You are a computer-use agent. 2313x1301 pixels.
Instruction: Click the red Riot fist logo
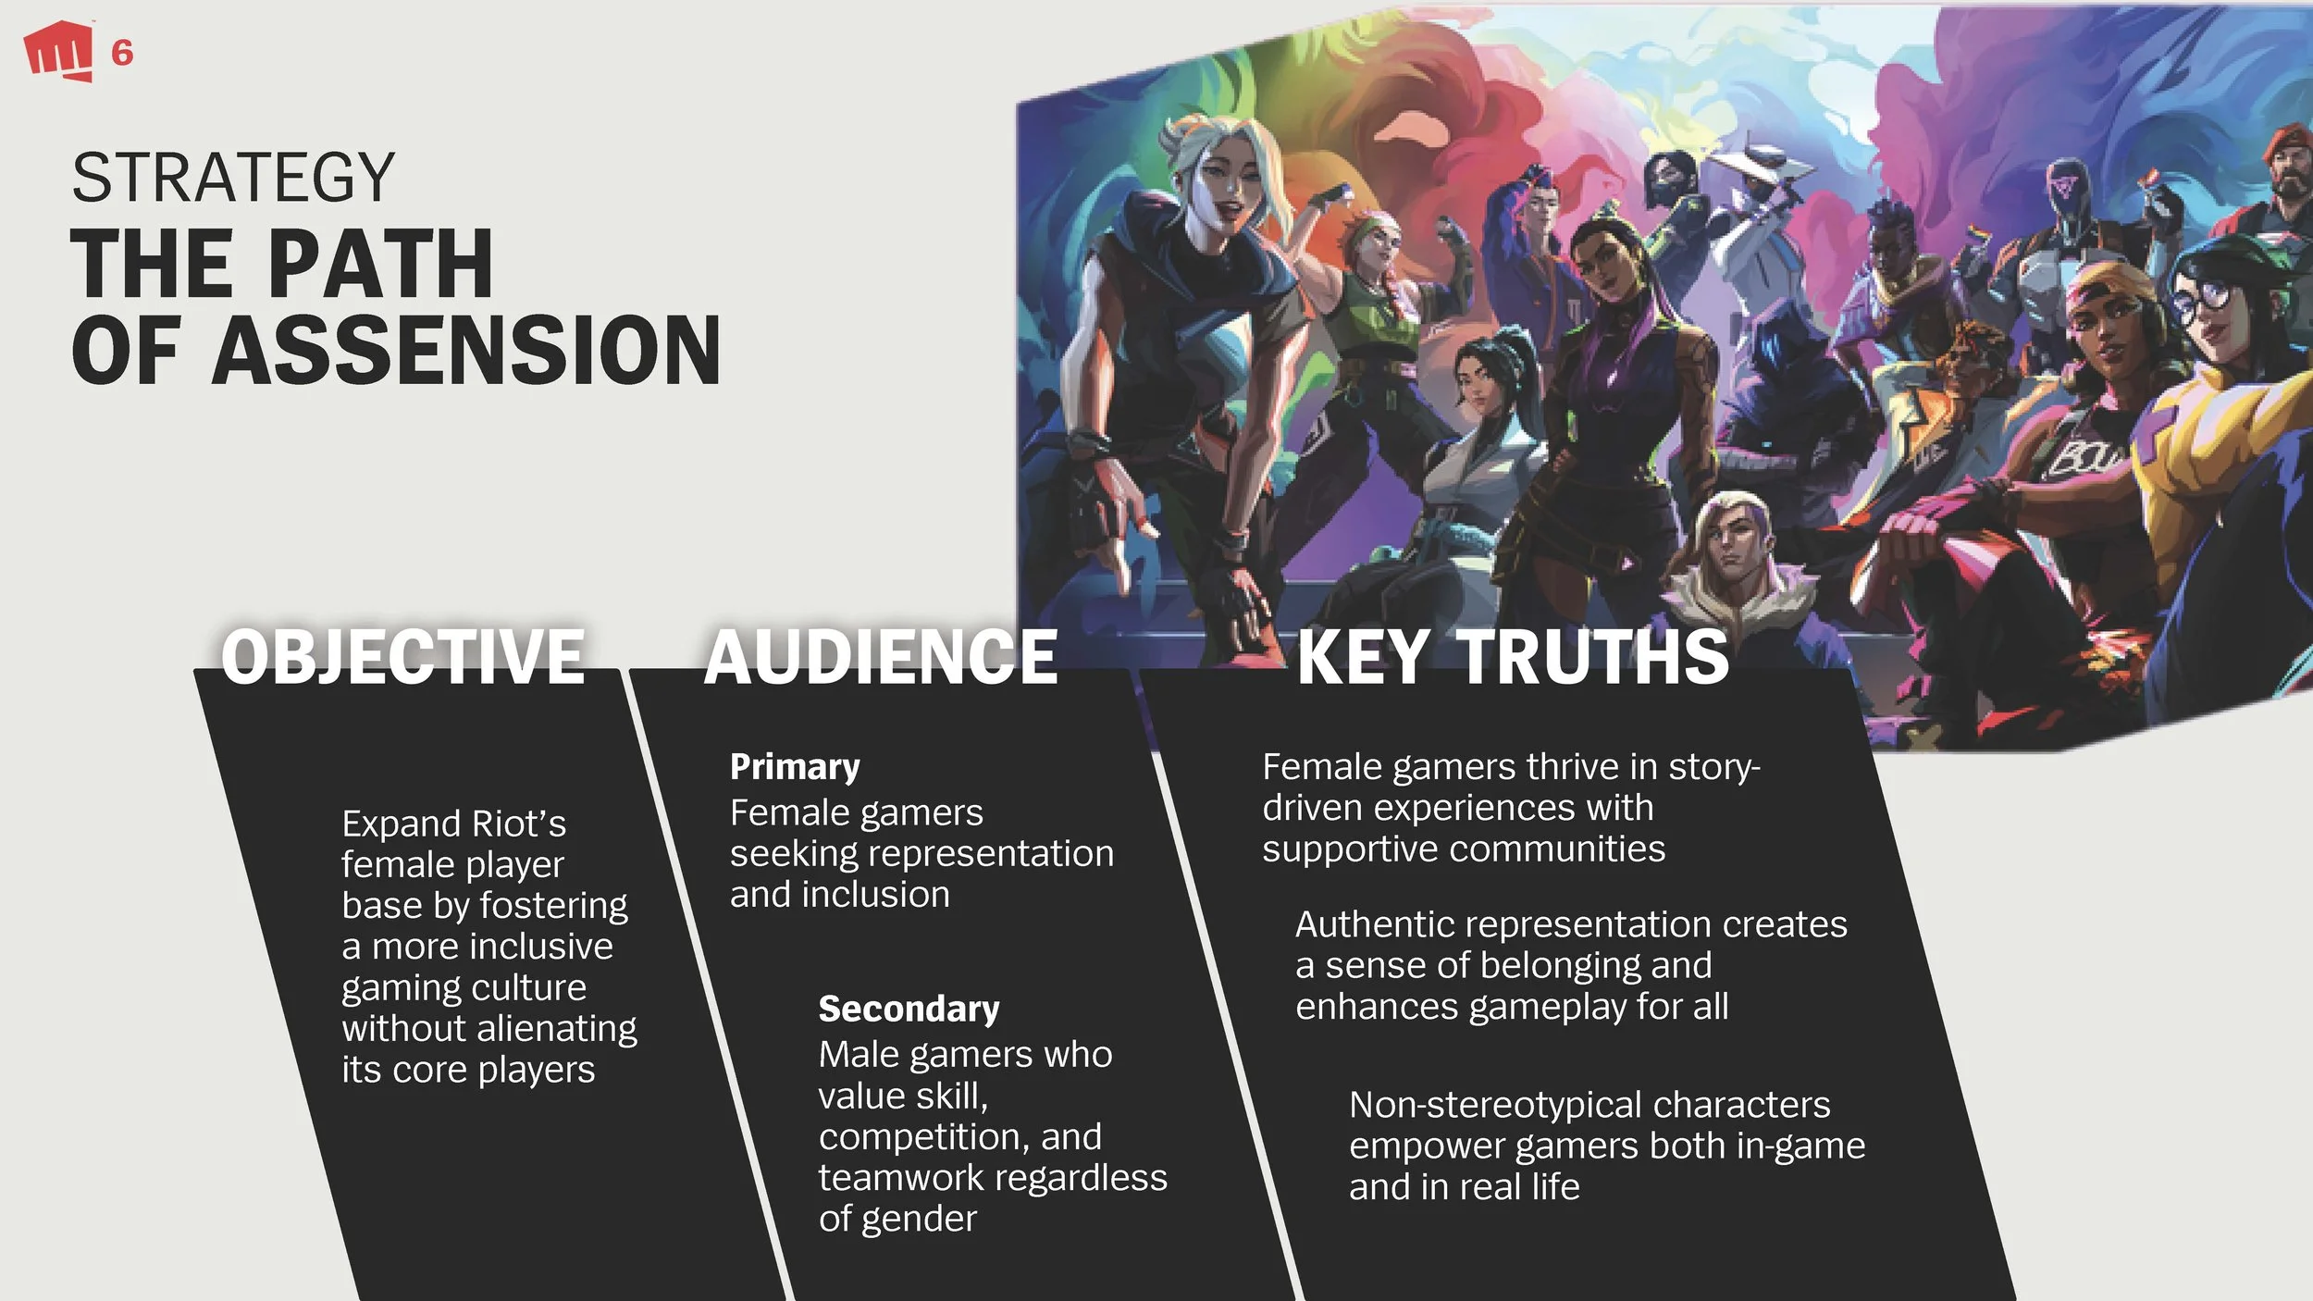coord(58,51)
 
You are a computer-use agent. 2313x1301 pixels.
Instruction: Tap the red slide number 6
coord(122,53)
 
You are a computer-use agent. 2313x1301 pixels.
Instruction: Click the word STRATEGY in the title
coord(233,178)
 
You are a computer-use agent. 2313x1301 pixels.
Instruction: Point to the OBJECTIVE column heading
coord(402,656)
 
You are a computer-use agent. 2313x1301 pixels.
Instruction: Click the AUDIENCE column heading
coord(880,656)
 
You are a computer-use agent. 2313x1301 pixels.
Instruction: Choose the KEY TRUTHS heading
coord(1512,656)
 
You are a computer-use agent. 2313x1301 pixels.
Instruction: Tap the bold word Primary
coord(795,766)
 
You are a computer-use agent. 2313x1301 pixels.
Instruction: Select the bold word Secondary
coord(909,1008)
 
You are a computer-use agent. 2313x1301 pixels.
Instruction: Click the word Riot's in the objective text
coord(519,823)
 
